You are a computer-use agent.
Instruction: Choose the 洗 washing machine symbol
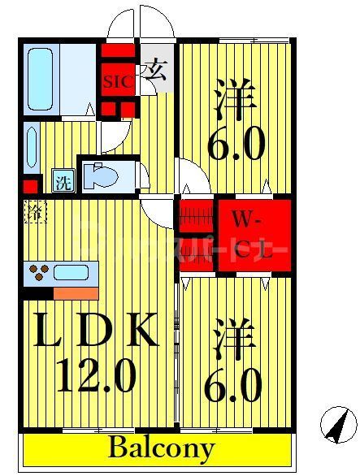(62, 181)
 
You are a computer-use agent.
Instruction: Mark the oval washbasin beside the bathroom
(31, 146)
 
